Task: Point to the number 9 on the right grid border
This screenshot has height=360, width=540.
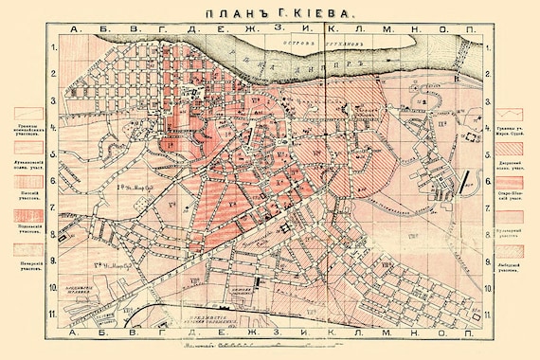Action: [x=487, y=261]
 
